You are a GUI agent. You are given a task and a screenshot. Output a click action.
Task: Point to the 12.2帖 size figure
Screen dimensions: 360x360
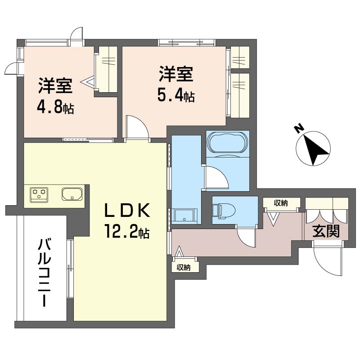click(127, 233)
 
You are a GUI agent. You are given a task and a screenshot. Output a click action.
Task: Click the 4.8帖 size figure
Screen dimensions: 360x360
click(56, 108)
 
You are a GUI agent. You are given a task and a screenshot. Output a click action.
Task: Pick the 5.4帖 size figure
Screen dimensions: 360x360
click(176, 96)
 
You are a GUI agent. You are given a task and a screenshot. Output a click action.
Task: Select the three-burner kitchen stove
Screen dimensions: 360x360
click(38, 194)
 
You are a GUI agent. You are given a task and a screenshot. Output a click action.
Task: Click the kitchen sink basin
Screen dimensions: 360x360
click(72, 194)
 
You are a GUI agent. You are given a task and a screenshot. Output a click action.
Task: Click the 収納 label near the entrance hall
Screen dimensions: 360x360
click(281, 203)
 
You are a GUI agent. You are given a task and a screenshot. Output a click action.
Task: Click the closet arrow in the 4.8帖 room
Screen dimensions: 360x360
click(88, 82)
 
